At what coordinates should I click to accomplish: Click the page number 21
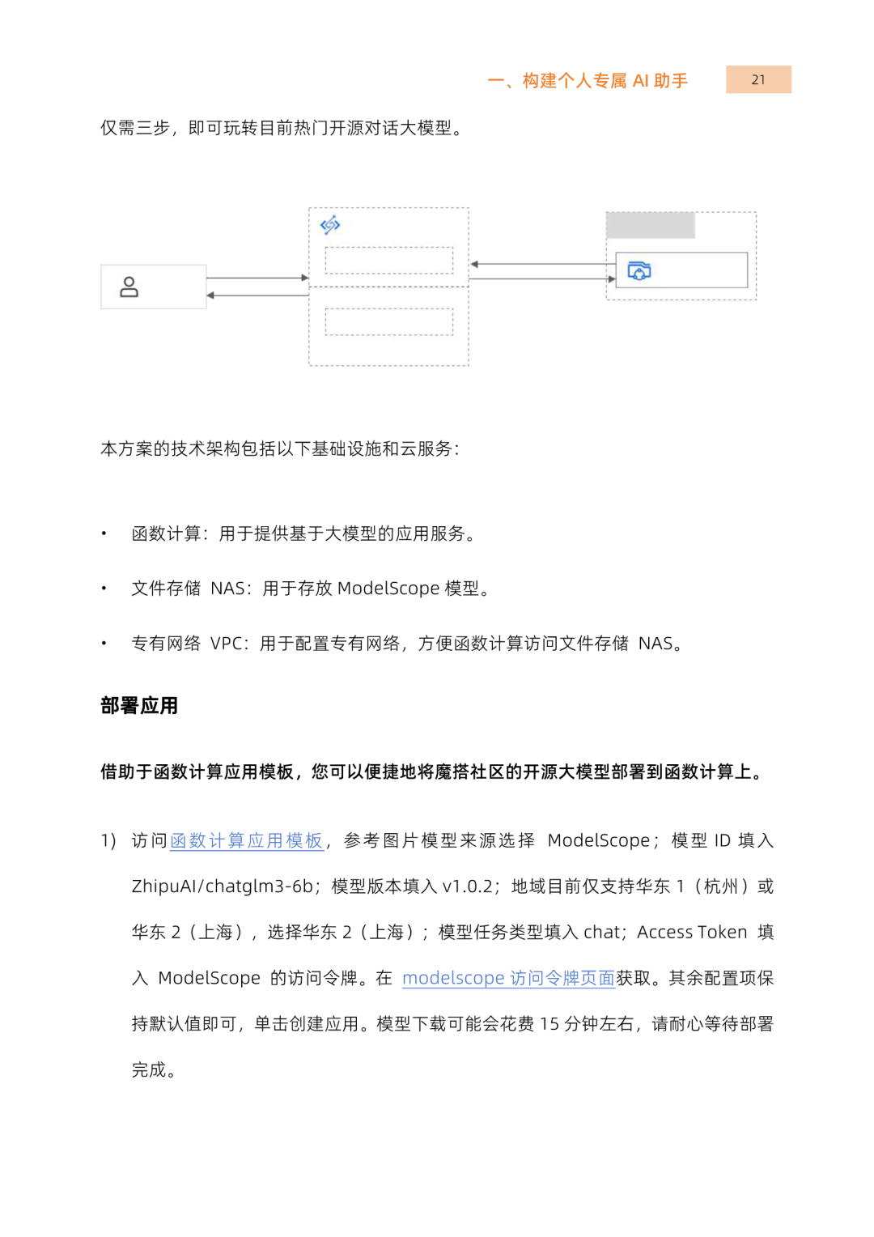[x=758, y=79]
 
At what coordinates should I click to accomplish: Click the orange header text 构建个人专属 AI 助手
[x=605, y=81]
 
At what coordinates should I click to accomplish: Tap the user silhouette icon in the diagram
[x=129, y=287]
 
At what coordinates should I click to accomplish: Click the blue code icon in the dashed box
[x=330, y=224]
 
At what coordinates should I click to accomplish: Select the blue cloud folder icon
[x=639, y=270]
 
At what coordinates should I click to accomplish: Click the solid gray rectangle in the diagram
[x=651, y=225]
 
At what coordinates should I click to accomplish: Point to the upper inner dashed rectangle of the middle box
[x=388, y=260]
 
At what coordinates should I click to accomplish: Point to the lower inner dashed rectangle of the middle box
[x=388, y=321]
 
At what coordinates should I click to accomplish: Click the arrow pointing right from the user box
[x=257, y=278]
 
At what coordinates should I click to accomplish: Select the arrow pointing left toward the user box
[x=257, y=295]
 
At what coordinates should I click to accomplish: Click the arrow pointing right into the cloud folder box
[x=542, y=279]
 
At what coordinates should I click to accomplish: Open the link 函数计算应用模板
[x=246, y=841]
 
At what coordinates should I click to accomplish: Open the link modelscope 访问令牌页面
[x=508, y=978]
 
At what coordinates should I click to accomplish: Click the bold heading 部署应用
[x=139, y=706]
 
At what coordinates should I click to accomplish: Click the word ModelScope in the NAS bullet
[x=388, y=589]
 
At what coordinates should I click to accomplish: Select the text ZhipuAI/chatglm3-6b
[x=222, y=886]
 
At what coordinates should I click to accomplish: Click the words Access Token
[x=692, y=933]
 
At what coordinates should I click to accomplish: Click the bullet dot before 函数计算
[x=104, y=533]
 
